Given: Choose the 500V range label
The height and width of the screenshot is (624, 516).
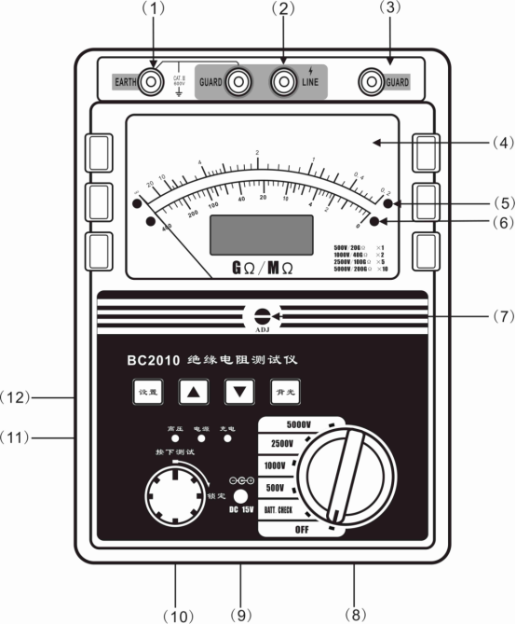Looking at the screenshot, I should click(x=276, y=487).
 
